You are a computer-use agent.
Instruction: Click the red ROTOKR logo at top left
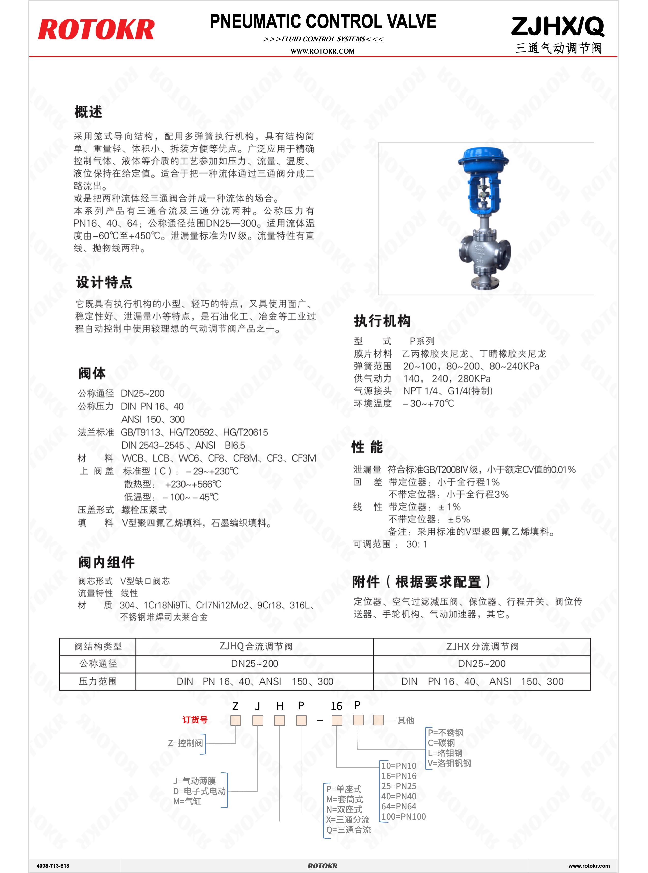(96, 30)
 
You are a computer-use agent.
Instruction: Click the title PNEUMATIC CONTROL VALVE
(323, 22)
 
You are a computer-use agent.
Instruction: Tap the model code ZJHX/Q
(557, 27)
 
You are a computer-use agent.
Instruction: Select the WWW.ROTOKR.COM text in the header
(322, 51)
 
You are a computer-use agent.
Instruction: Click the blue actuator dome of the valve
(483, 158)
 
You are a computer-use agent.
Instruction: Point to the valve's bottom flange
(485, 283)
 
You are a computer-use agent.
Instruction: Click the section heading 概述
(89, 112)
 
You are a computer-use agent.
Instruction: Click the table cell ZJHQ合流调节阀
(256, 646)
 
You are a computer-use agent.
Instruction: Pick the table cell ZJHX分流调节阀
(482, 646)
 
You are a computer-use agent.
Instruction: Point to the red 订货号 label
(195, 720)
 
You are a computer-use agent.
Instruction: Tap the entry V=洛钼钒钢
(449, 763)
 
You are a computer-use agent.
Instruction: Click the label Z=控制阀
(185, 743)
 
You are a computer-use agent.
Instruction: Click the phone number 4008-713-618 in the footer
(53, 866)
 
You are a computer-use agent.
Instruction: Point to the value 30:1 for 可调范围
(416, 544)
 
